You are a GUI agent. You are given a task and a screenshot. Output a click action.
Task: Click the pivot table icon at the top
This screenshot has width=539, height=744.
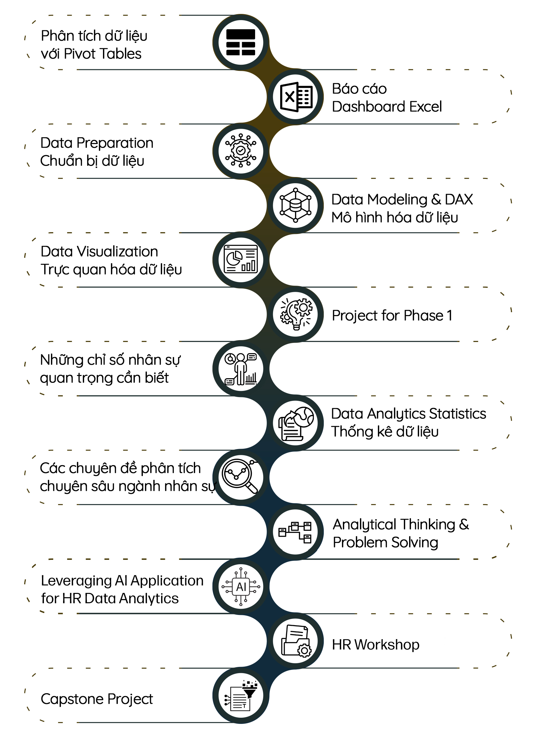pos(241,42)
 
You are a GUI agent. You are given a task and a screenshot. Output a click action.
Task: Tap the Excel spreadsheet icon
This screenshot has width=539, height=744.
pos(295,97)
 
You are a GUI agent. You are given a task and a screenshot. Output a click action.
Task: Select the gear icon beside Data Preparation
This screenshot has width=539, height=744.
pos(241,151)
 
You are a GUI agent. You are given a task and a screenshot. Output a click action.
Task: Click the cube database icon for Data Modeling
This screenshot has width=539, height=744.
pos(295,205)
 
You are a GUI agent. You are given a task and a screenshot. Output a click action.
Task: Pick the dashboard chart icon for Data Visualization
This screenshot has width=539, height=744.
pos(241,259)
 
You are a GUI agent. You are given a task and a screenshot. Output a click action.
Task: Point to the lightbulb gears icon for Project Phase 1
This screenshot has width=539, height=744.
pos(295,314)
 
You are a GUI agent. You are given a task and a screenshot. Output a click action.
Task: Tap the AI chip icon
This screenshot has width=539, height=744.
pos(241,586)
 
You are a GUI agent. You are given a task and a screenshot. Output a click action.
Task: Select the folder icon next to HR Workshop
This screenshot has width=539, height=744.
pos(295,641)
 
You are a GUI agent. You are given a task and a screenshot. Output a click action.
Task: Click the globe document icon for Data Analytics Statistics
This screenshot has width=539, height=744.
pos(295,423)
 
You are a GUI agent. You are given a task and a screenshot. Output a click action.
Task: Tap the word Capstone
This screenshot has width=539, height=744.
pos(72,699)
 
